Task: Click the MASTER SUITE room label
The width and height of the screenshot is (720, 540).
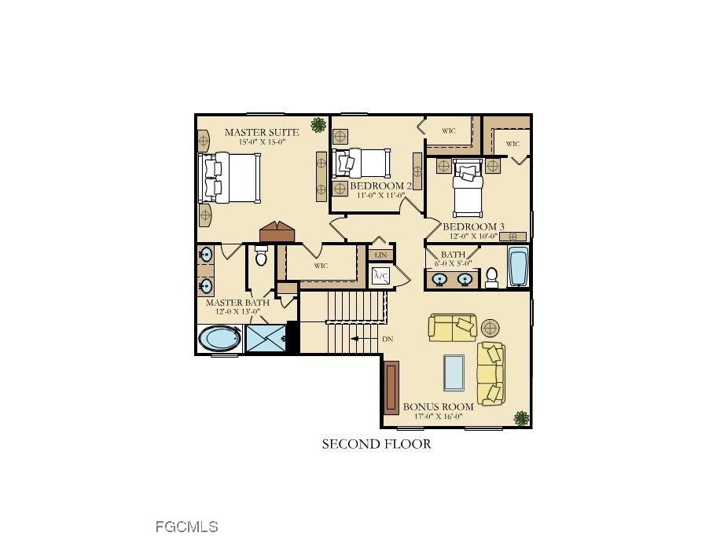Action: pos(261,132)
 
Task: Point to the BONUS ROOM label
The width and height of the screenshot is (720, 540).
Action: pos(438,406)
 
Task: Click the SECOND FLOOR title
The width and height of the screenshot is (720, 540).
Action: pos(377,444)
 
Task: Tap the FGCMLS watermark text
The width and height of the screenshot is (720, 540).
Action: pos(186,526)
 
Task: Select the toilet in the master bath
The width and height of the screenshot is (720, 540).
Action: pos(262,256)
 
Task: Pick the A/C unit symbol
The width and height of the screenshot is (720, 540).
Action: pos(381,276)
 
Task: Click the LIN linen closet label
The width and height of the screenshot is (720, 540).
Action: pos(381,255)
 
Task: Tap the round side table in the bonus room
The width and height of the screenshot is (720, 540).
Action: pos(490,327)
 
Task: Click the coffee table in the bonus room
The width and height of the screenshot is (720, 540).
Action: pos(454,371)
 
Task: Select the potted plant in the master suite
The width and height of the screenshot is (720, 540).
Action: pos(318,124)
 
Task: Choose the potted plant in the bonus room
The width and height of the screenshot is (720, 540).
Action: pos(520,417)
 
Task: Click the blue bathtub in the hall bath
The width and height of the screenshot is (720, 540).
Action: pos(518,267)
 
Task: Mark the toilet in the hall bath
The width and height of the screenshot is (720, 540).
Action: pos(492,276)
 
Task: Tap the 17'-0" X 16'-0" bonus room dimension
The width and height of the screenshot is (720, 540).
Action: pos(438,417)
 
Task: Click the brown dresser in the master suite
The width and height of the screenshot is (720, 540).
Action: pos(277,232)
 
